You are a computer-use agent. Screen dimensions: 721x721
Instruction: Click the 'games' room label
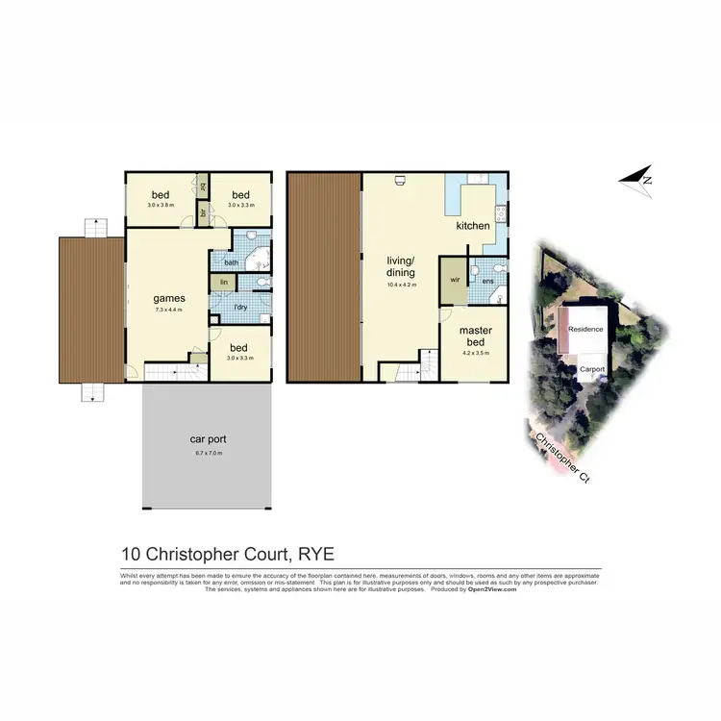pyautogui.click(x=168, y=298)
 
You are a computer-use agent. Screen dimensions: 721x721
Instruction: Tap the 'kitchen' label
pyautogui.click(x=473, y=226)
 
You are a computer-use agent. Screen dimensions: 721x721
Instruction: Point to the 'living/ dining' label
pyautogui.click(x=400, y=266)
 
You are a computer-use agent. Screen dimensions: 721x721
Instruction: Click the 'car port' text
pyautogui.click(x=206, y=438)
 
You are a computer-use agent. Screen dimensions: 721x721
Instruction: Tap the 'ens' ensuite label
pyautogui.click(x=487, y=281)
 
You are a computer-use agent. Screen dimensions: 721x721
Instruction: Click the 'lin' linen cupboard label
pyautogui.click(x=223, y=282)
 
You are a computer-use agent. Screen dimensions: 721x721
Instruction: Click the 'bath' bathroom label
pyautogui.click(x=231, y=261)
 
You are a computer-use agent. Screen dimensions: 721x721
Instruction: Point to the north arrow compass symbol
pyautogui.click(x=636, y=177)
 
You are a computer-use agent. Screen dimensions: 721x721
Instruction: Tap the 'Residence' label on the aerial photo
pyautogui.click(x=584, y=329)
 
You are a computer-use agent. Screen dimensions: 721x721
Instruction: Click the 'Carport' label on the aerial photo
pyautogui.click(x=590, y=367)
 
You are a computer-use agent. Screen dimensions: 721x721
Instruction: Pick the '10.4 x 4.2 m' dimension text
pyautogui.click(x=400, y=286)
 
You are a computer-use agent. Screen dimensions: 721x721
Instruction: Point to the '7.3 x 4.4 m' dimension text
pyautogui.click(x=168, y=310)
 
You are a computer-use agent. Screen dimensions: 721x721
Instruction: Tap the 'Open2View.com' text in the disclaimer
pyautogui.click(x=492, y=589)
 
